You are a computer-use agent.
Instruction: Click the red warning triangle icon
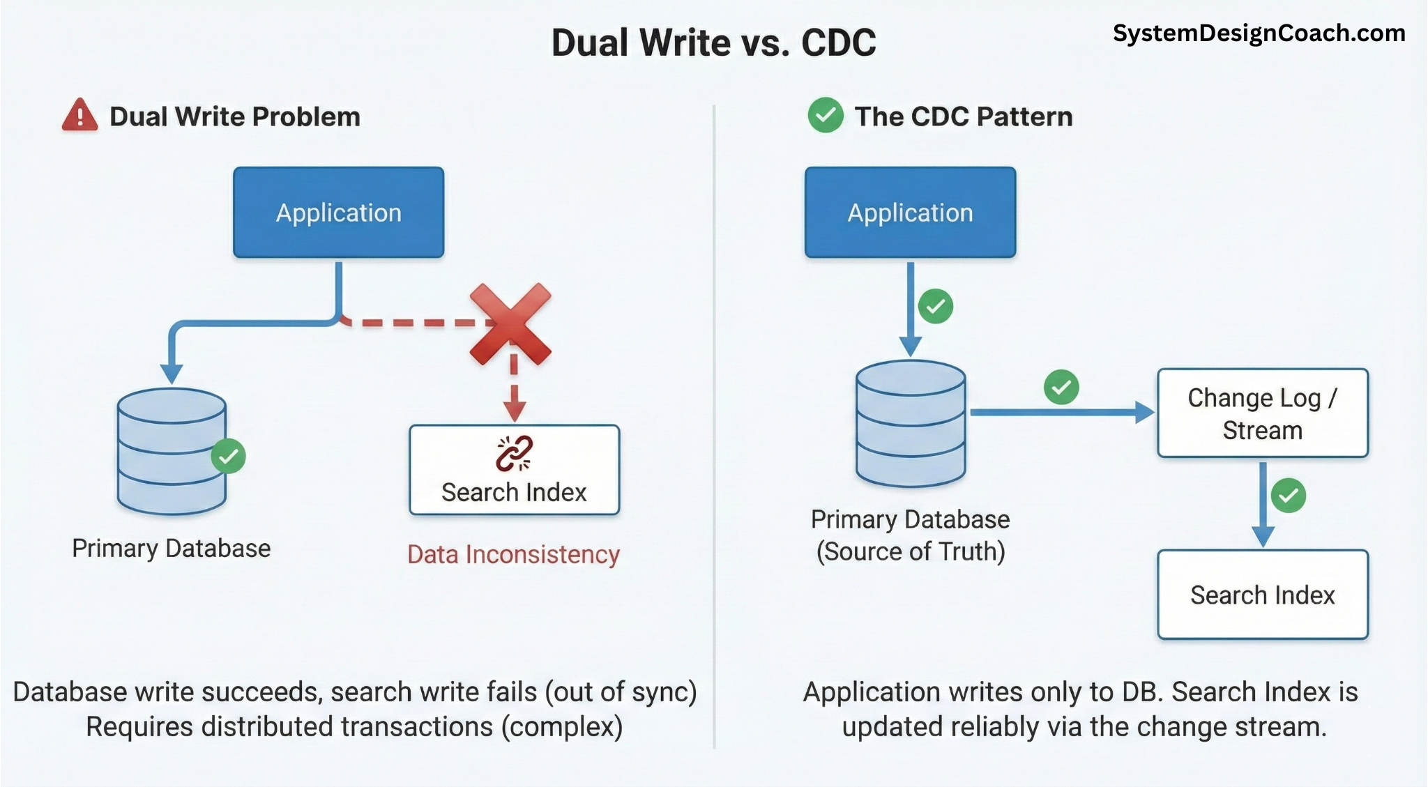79,116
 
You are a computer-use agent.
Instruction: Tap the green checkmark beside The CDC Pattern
826,116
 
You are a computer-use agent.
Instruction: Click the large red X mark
511,324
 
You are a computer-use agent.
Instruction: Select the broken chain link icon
514,454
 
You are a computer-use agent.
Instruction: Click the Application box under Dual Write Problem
338,213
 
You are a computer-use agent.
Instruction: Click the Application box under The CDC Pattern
910,213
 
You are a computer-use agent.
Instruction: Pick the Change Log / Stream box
1262,413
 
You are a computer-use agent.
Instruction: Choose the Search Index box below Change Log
1262,595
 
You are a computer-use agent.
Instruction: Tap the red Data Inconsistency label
513,555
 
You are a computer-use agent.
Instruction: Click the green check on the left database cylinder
229,457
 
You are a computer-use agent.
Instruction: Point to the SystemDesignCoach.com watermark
1259,33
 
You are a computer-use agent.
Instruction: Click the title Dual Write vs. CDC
713,43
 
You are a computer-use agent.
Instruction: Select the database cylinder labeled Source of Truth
911,424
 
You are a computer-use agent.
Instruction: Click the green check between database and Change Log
1061,387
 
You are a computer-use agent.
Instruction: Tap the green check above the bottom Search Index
1288,496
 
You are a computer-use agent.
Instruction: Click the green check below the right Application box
936,307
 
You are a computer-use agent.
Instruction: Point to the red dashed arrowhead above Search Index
515,411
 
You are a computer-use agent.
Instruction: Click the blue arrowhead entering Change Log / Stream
1145,413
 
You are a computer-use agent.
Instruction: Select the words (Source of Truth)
911,552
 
